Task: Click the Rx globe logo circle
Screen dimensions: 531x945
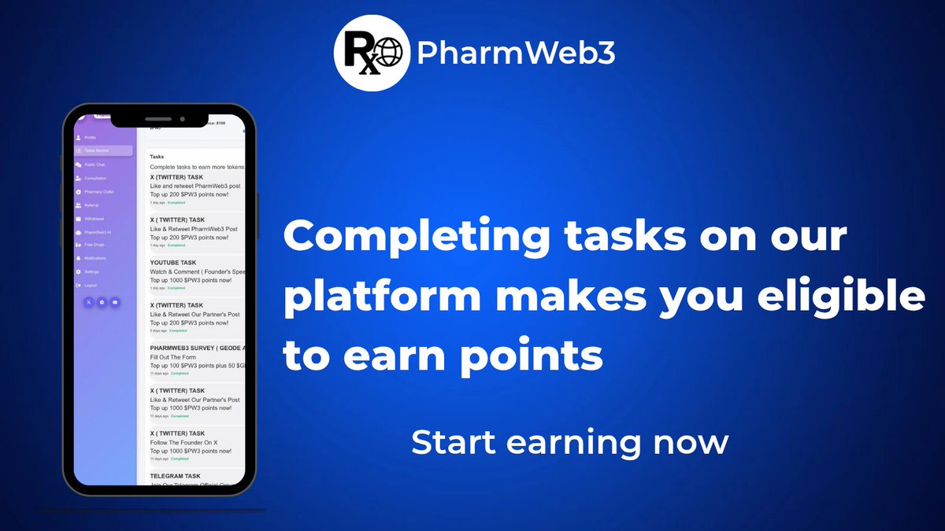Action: [371, 54]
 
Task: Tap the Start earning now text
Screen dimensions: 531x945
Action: [569, 442]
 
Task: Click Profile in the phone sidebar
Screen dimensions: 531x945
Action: [90, 138]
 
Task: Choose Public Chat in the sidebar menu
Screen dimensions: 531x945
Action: [94, 164]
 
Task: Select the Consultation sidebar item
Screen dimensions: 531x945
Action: [95, 179]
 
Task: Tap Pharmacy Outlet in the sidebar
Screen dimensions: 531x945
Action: [99, 192]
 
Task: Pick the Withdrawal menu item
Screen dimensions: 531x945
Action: [94, 219]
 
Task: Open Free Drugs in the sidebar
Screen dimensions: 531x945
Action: [94, 245]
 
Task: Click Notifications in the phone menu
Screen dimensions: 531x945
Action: [95, 258]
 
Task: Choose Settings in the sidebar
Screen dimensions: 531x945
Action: [91, 271]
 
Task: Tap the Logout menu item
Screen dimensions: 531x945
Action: [90, 285]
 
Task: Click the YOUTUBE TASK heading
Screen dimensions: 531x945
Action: [173, 263]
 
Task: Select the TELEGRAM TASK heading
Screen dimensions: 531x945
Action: [175, 476]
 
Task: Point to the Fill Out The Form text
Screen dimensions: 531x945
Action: [172, 357]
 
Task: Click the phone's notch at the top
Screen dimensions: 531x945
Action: [181, 119]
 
